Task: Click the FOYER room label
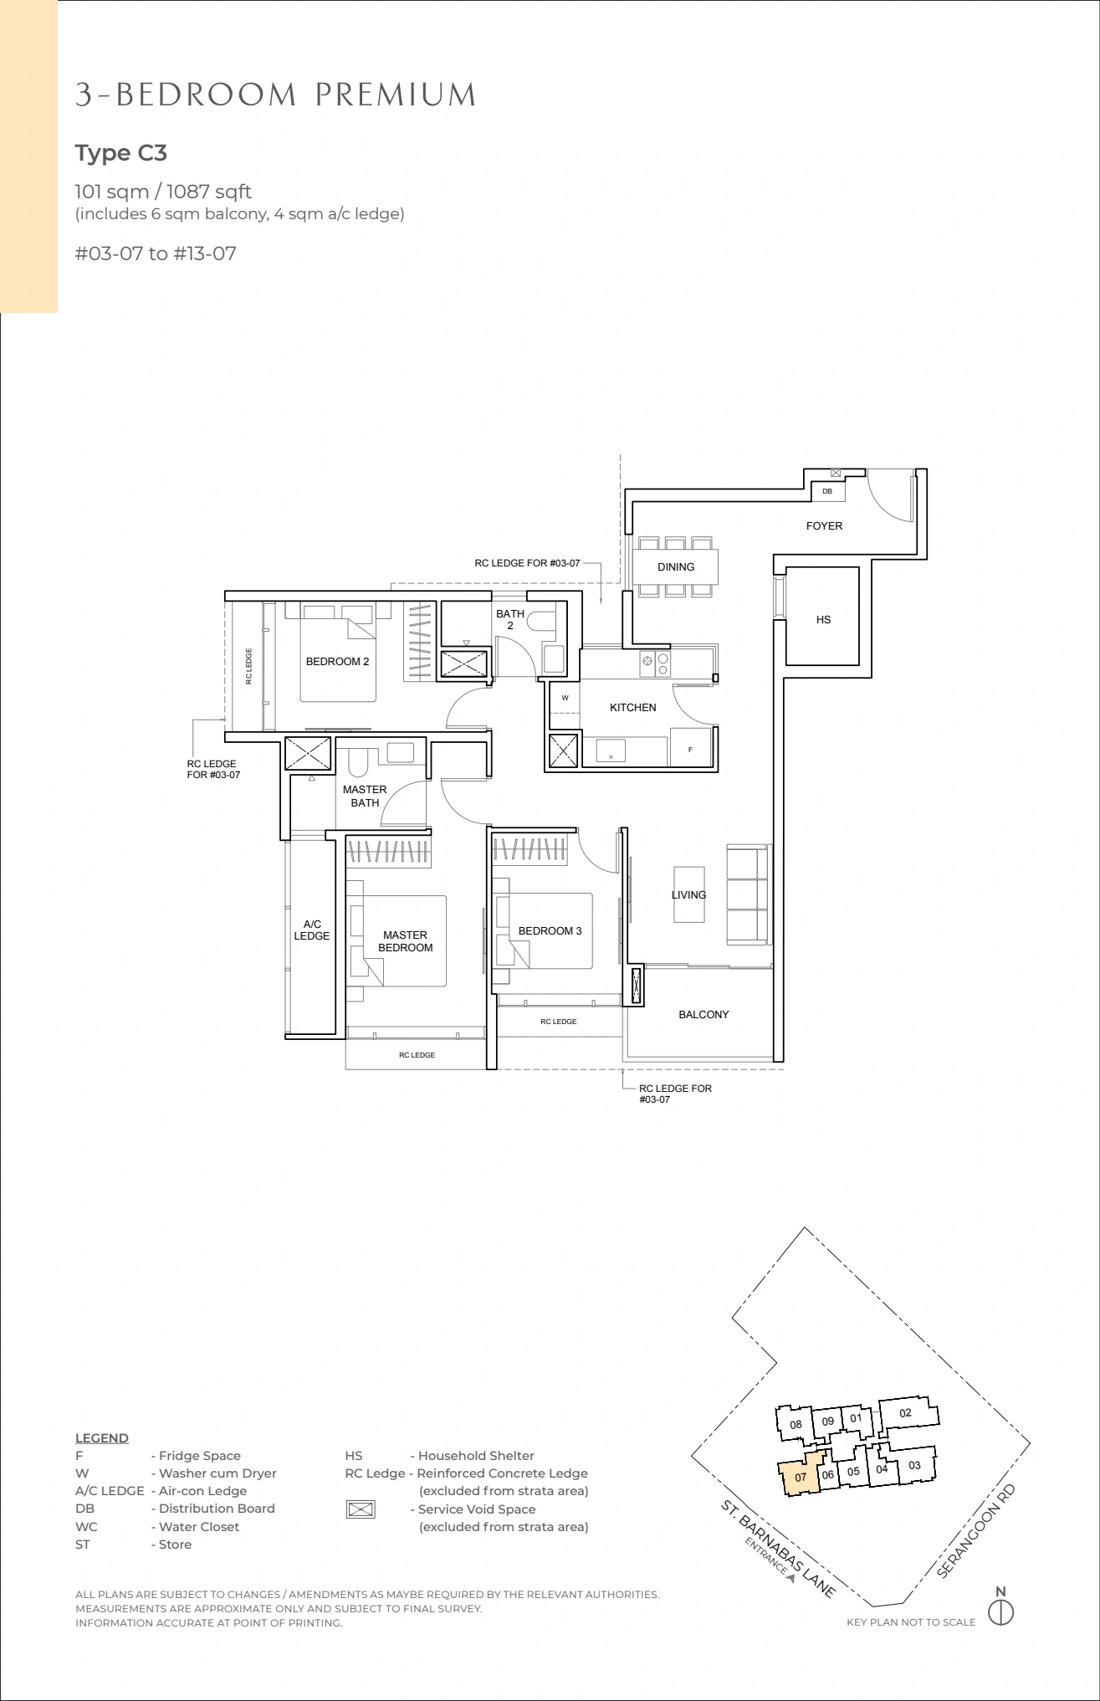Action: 824,526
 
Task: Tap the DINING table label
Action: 676,567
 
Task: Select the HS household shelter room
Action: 823,617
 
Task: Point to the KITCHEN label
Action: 633,708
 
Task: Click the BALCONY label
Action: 703,1015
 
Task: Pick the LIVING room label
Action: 688,895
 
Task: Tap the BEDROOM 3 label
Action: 550,931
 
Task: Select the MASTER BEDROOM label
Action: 406,941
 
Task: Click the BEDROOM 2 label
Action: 337,662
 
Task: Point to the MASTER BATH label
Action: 365,797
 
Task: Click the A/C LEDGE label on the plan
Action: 312,930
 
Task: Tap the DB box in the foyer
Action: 827,492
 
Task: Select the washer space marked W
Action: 565,698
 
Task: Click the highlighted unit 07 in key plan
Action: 801,1478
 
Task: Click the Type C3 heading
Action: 121,153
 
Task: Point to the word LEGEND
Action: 102,1438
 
